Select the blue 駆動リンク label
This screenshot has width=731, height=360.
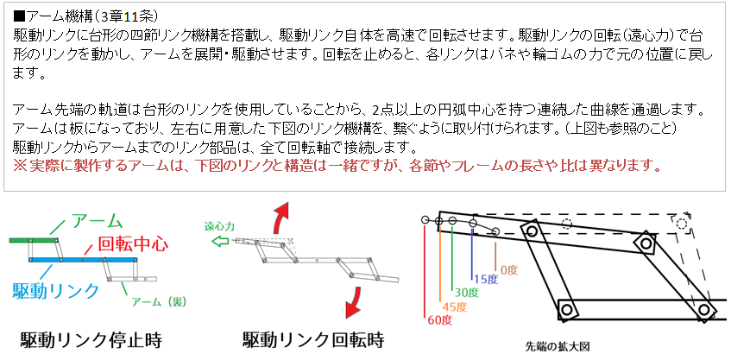coord(55,291)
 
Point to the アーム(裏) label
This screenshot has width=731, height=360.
coord(159,301)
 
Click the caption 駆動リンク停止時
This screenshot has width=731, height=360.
coord(91,340)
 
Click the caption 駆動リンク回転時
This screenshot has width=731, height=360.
coord(313,340)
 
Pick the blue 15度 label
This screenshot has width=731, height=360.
coord(486,280)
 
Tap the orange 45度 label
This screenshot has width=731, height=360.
coord(454,306)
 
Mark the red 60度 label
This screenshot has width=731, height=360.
coord(438,320)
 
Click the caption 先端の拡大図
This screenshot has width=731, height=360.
coord(558,346)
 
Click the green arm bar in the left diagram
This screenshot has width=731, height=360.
coord(33,240)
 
